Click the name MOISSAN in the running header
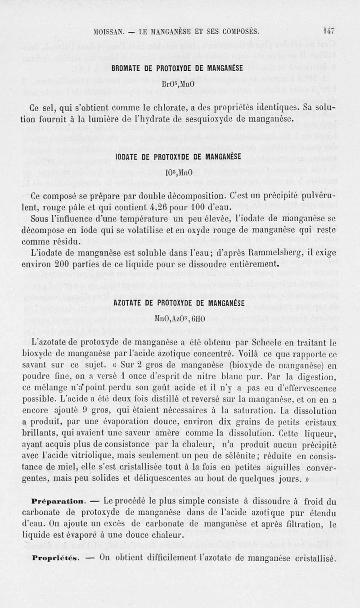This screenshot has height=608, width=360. tap(109, 32)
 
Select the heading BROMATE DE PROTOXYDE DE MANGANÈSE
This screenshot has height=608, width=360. tap(180, 68)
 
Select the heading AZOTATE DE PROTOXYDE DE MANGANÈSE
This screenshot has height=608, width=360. tap(180, 303)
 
